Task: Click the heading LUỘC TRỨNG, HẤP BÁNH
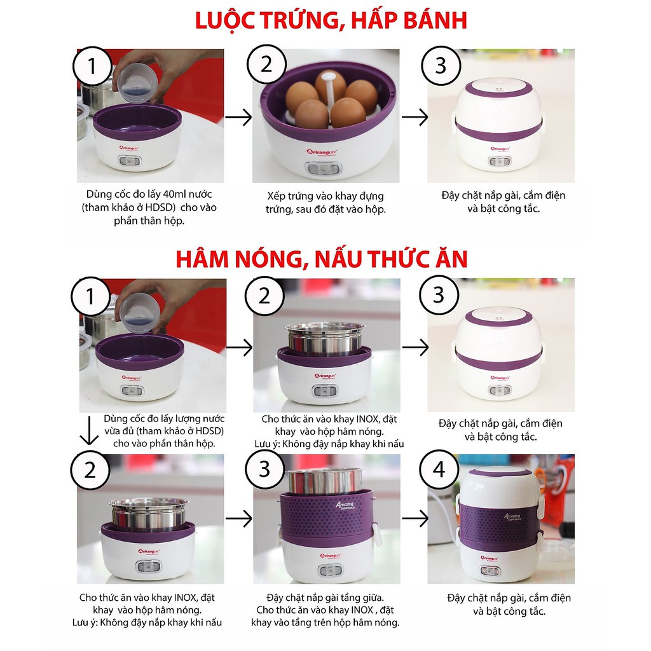click(331, 20)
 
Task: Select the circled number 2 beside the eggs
click(266, 65)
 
